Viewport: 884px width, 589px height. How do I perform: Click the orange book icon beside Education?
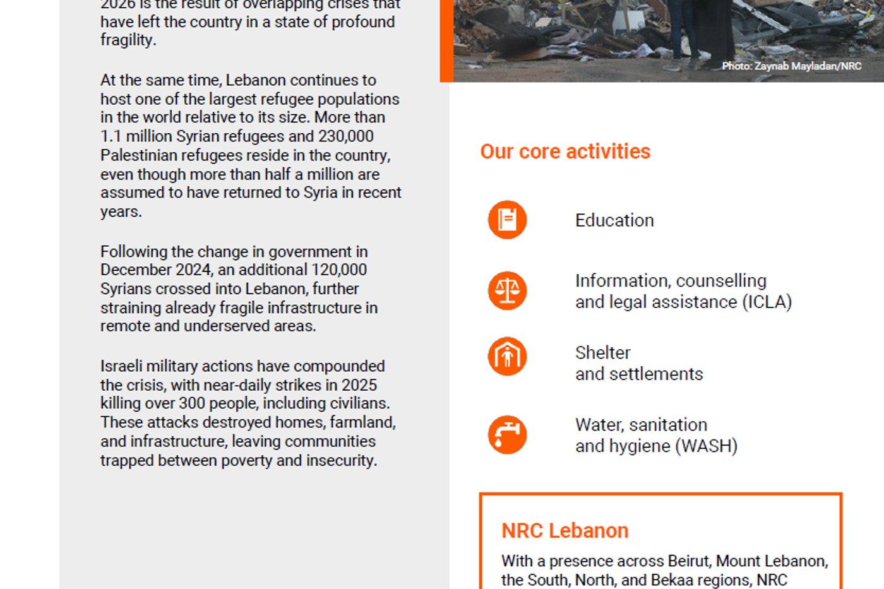pos(507,220)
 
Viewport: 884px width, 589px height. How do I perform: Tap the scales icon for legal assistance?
pos(507,291)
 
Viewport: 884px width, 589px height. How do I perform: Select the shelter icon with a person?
pos(507,356)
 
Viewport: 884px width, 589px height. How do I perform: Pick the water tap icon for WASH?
pos(507,435)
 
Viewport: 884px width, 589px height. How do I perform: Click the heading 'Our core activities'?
pos(565,152)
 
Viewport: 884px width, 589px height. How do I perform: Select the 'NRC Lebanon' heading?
pos(564,531)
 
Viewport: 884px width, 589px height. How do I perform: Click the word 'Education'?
pos(614,220)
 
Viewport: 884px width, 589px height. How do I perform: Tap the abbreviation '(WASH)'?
pos(707,446)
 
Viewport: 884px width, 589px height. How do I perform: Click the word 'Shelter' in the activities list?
pos(602,352)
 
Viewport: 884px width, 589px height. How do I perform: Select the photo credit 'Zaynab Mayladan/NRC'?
pos(808,66)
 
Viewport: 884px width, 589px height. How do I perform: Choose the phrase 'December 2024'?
pos(155,270)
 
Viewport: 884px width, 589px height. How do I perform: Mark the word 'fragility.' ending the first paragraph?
pos(128,40)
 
